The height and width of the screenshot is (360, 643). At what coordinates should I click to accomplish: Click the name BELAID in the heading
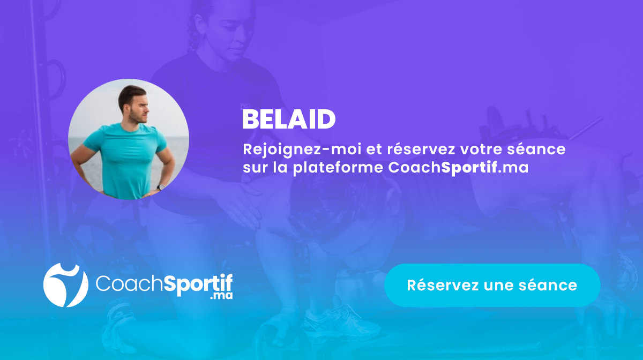(289, 120)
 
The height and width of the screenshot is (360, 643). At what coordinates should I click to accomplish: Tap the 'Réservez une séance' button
(492, 285)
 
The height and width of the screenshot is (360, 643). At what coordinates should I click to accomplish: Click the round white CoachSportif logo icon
(65, 285)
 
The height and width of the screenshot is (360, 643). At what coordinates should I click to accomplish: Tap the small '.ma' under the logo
(222, 295)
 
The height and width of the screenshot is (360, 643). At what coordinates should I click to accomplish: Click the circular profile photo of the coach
(129, 139)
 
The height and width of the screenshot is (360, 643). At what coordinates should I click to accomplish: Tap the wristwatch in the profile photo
(161, 187)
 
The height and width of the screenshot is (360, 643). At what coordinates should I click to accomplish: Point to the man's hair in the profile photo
(131, 92)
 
